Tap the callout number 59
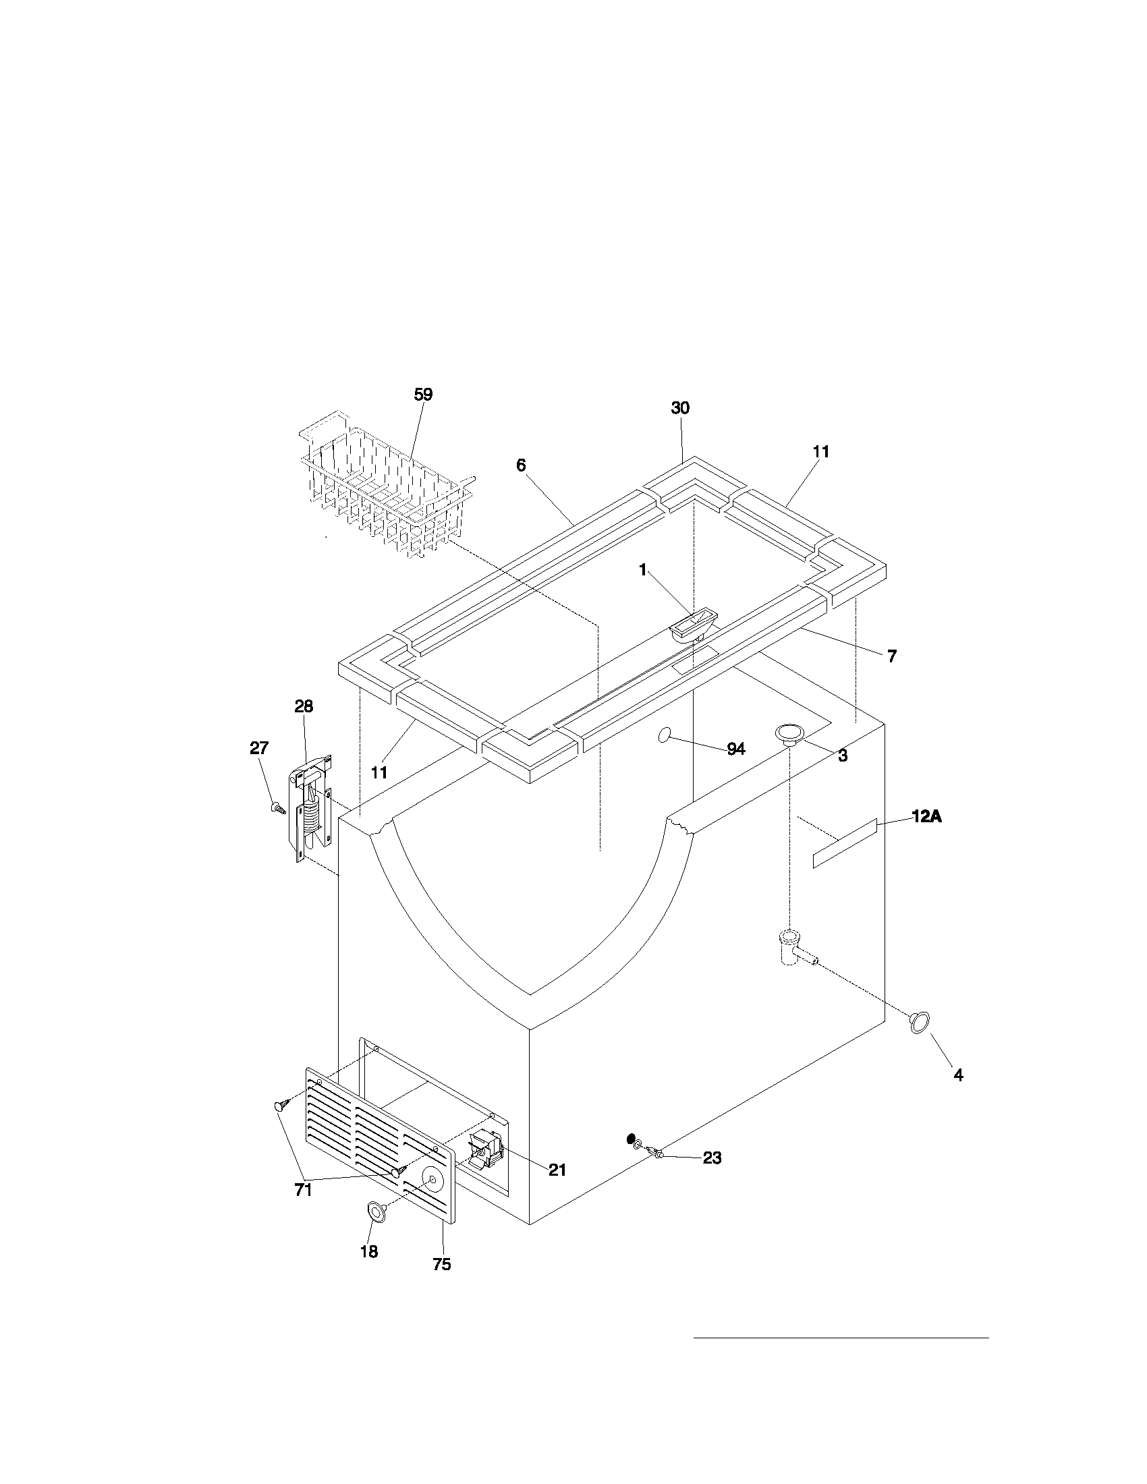[423, 395]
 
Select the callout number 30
[680, 407]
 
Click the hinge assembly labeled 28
[312, 808]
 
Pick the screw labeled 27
[277, 807]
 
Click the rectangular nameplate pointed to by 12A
[845, 843]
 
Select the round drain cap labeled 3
[789, 735]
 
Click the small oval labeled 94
[667, 735]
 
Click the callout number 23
[712, 1158]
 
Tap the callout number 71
[303, 1190]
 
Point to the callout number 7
[891, 656]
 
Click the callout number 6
[521, 465]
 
